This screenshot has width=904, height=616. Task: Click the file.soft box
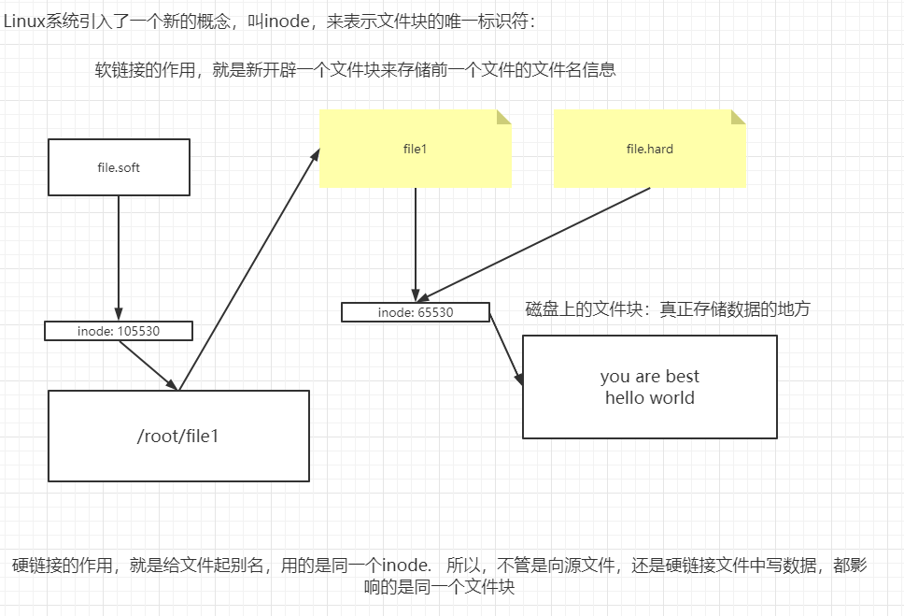[119, 167]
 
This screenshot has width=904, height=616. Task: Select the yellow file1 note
[415, 149]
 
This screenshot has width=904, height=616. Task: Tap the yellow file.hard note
[650, 149]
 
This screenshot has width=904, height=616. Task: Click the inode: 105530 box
[119, 331]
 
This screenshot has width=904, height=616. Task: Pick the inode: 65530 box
[416, 312]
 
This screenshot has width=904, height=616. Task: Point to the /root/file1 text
[177, 436]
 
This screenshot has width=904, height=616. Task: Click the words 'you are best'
[649, 377]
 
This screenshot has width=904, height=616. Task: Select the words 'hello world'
[649, 398]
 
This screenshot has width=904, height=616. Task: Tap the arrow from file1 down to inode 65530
[416, 243]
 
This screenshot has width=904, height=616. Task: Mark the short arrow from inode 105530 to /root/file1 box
[148, 365]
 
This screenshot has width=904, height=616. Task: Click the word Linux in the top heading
[23, 21]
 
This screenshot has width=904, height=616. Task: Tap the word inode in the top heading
[287, 21]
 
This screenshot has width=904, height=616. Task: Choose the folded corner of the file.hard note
[738, 118]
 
